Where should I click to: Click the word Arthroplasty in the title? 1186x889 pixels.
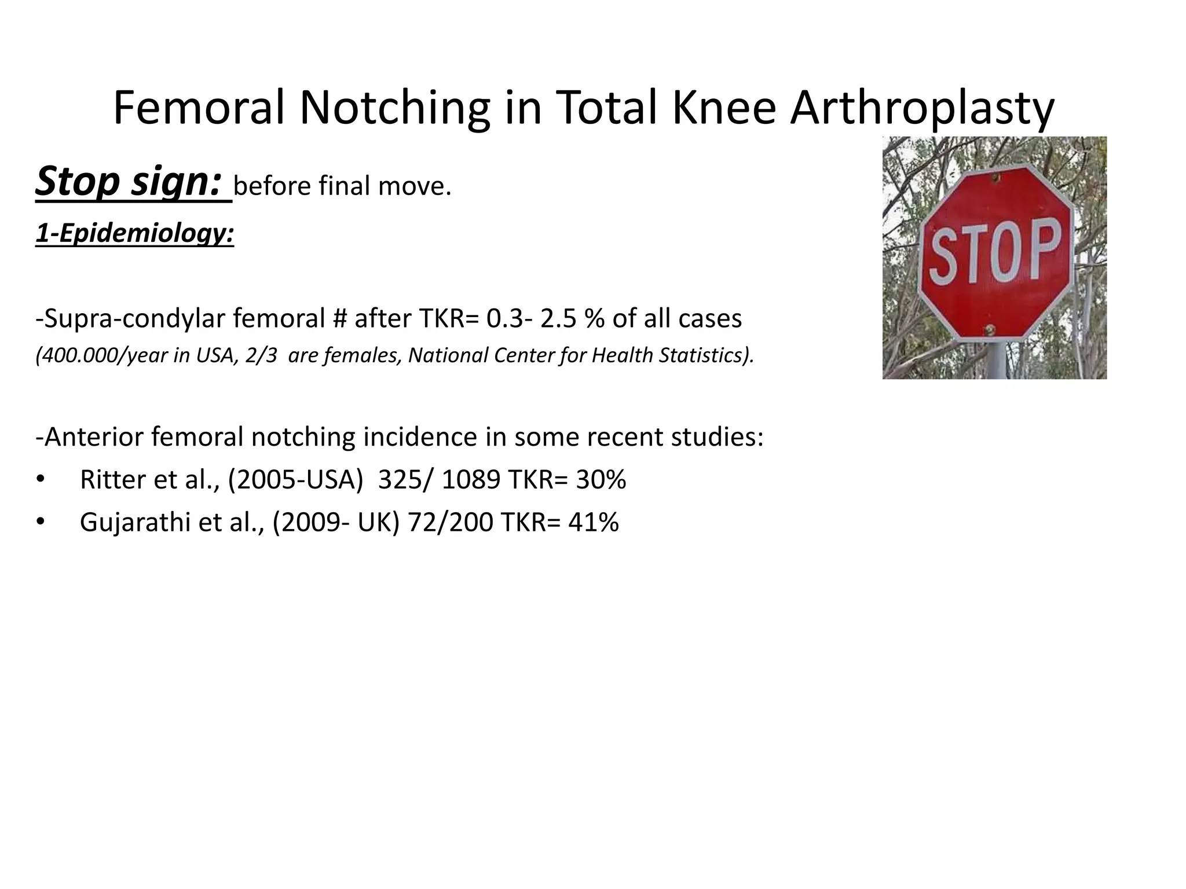click(x=922, y=109)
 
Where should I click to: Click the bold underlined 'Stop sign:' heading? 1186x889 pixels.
click(x=129, y=182)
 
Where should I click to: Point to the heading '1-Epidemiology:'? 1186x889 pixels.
click(x=134, y=233)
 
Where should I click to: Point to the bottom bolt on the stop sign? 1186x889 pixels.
click(x=989, y=330)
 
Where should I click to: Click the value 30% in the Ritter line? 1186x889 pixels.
click(x=601, y=480)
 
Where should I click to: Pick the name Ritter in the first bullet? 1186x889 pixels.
click(x=113, y=480)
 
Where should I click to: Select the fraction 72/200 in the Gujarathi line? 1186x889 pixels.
click(x=450, y=523)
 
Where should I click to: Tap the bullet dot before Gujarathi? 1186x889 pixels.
click(x=40, y=522)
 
